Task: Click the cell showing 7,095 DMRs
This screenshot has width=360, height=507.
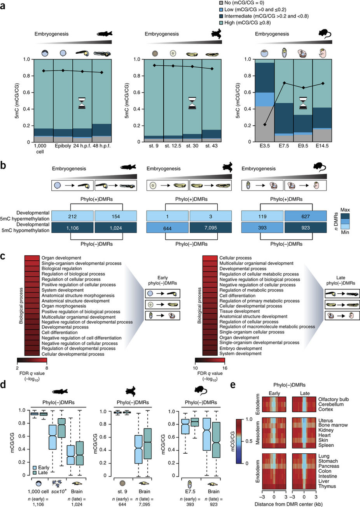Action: (210, 228)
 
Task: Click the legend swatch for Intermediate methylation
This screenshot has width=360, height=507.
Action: (222, 16)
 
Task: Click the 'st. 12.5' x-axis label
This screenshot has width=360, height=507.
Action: (173, 146)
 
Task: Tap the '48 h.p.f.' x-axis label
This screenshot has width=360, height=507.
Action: (102, 146)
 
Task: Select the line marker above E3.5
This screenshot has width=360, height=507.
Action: (265, 125)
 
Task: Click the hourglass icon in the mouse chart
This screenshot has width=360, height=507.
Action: (303, 103)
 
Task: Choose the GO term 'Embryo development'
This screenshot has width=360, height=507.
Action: (241, 348)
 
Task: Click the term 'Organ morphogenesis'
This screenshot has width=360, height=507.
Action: (64, 306)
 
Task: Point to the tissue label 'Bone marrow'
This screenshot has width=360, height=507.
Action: (333, 425)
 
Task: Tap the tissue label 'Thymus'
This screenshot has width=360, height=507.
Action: (327, 486)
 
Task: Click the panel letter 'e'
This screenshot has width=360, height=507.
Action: (233, 385)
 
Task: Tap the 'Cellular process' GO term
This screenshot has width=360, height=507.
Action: (235, 258)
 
